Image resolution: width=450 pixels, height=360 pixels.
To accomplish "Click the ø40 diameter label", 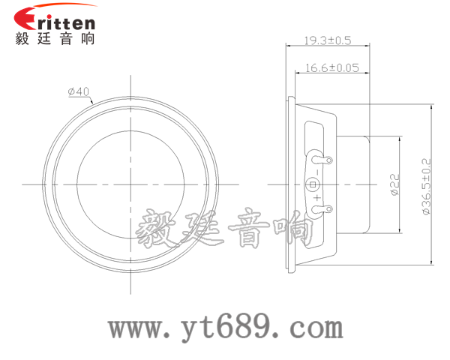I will [x=79, y=91].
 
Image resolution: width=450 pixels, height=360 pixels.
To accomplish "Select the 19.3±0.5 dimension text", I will [x=328, y=40].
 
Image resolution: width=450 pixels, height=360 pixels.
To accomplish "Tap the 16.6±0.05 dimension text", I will [x=332, y=68].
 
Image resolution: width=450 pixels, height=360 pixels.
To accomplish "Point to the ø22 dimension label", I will [x=395, y=184].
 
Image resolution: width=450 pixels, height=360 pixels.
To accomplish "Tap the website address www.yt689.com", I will [x=226, y=328].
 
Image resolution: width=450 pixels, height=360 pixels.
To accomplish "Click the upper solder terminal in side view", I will [x=319, y=158].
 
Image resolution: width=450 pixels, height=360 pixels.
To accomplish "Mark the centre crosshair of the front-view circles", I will [x=130, y=184].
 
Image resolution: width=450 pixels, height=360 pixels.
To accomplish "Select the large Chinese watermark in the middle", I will [x=224, y=229].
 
